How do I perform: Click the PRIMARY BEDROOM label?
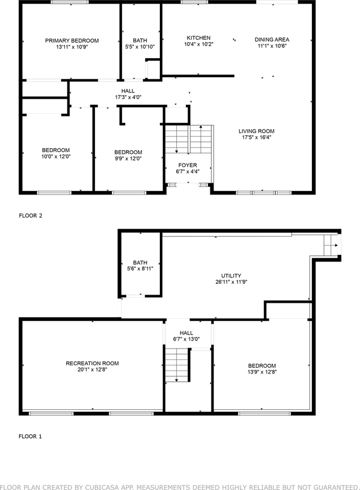71,40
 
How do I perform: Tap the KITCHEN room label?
198,38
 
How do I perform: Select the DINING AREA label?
272,39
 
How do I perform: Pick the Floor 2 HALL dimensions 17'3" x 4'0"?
128,97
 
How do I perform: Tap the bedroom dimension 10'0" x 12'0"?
56,157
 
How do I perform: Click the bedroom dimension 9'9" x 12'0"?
128,159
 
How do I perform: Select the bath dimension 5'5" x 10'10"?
140,47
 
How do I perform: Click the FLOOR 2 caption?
31,215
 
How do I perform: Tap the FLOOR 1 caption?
31,436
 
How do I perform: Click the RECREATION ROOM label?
92,363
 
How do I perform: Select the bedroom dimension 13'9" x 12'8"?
262,372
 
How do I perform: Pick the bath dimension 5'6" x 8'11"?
140,268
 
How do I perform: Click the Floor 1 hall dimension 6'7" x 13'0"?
186,339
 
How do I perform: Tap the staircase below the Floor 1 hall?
176,365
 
